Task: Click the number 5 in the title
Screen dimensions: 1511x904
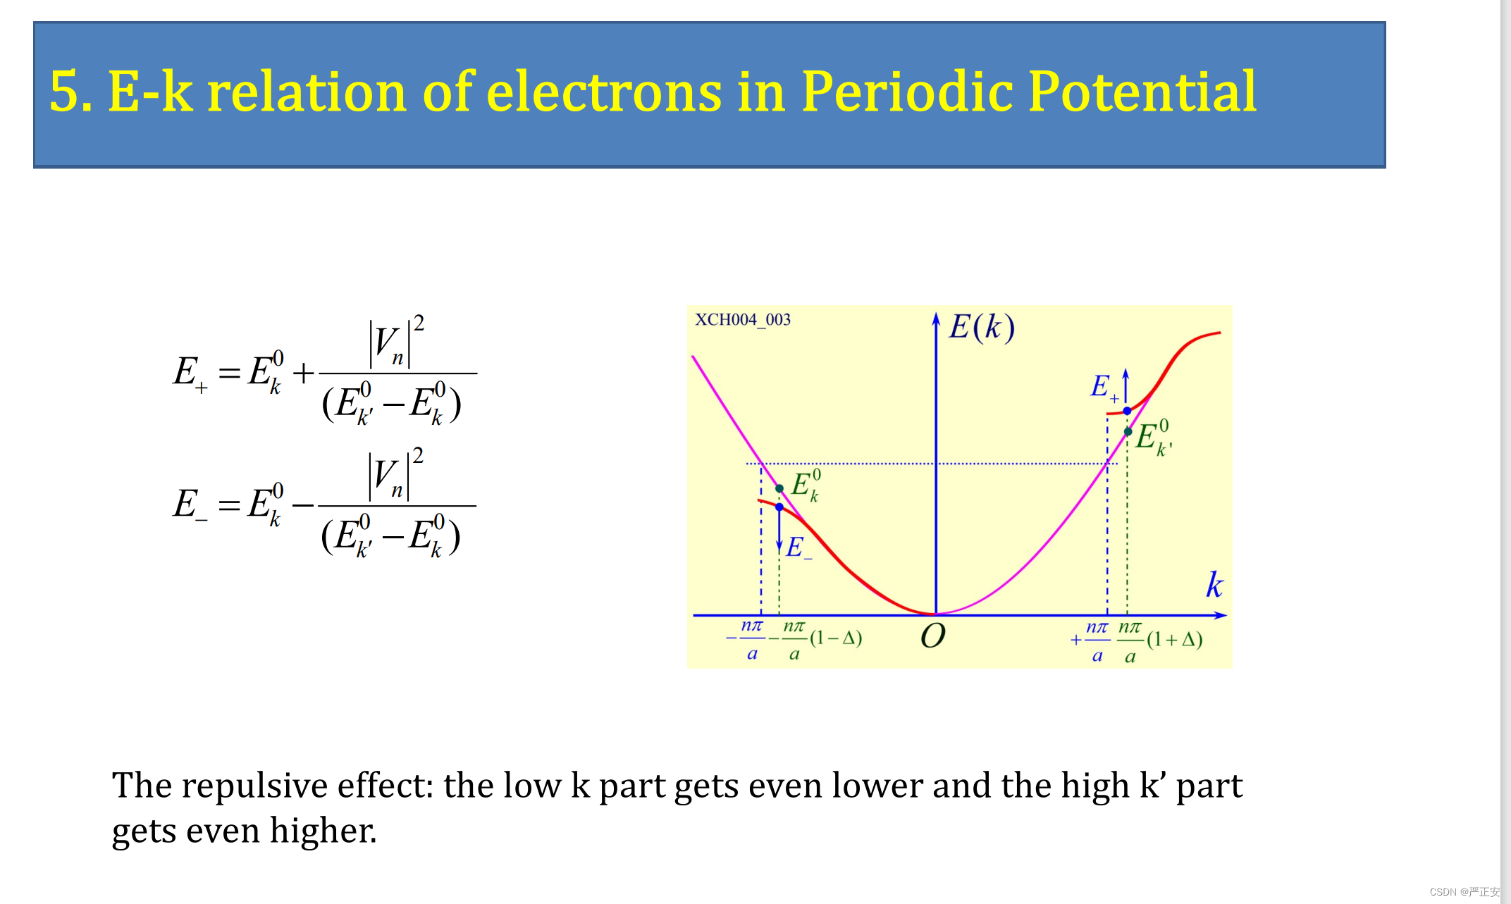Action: point(64,92)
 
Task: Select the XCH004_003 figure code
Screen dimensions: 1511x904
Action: point(743,320)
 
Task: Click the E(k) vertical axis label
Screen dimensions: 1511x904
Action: point(982,327)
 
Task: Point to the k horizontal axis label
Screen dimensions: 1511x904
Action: point(1214,585)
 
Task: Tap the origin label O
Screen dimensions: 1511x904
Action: point(932,636)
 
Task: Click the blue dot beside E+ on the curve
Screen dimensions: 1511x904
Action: point(1127,411)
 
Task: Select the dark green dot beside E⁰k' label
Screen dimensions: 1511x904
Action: point(1128,431)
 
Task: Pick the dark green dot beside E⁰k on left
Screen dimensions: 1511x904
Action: point(779,488)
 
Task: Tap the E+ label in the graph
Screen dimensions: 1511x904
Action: point(1104,387)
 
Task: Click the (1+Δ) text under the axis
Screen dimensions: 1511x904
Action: point(1174,640)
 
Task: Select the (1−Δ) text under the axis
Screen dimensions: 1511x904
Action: point(836,638)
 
